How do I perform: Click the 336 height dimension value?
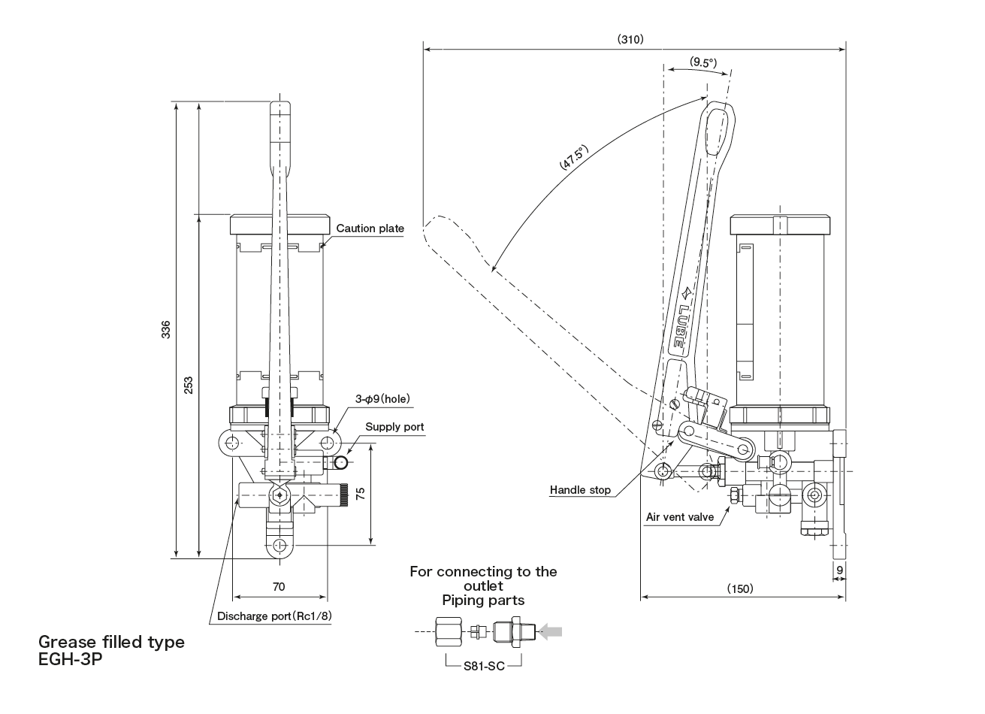point(165,329)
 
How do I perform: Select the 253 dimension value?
point(189,384)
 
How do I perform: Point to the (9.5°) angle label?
point(703,62)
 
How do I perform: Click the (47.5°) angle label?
point(573,159)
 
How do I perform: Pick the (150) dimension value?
point(740,588)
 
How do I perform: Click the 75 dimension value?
point(360,494)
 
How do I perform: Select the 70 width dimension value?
point(279,586)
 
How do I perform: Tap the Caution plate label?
point(370,228)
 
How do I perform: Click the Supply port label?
point(394,427)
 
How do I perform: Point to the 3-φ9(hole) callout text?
point(382,399)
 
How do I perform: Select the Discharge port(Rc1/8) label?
point(274,616)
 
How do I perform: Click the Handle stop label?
point(580,490)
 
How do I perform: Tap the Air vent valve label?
point(679,517)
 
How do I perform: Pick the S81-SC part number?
point(483,664)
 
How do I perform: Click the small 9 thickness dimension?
point(839,570)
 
